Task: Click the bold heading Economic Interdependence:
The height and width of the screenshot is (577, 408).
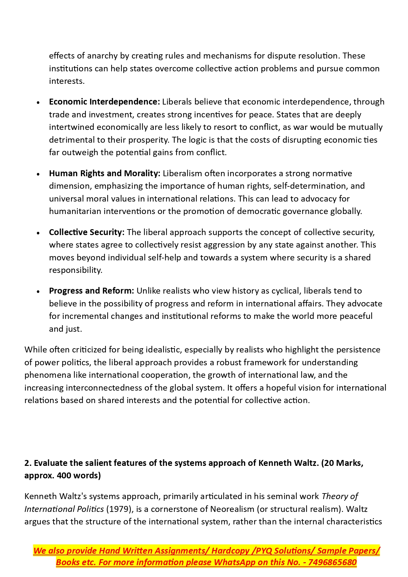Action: (x=104, y=102)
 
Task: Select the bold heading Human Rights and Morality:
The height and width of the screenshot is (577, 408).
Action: (x=105, y=173)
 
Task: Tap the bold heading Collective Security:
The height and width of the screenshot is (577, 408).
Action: (x=87, y=232)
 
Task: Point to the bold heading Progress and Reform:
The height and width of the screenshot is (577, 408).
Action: (x=91, y=291)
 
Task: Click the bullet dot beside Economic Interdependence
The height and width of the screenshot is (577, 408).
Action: (x=38, y=103)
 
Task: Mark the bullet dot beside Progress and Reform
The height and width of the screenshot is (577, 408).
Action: (x=38, y=291)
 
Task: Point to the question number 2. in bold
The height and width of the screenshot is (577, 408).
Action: (x=28, y=463)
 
